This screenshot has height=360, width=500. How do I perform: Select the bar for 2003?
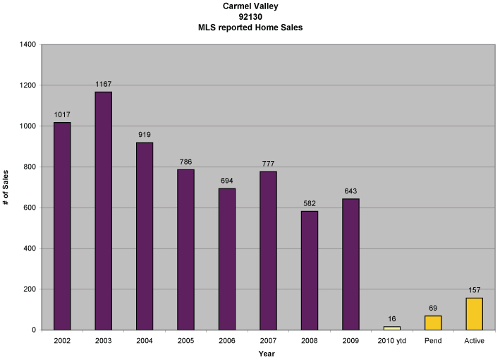tap(103, 210)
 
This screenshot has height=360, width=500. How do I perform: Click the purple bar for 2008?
tap(310, 270)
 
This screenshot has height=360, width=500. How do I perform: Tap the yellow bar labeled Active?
tap(475, 313)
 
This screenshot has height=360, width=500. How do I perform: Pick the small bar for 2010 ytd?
tap(392, 328)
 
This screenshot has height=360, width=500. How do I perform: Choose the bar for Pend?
tap(433, 323)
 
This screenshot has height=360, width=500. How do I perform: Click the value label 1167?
tap(103, 85)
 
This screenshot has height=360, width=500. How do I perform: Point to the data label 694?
tap(227, 181)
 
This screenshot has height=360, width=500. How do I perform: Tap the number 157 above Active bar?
tap(475, 290)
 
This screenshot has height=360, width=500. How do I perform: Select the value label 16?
tap(392, 319)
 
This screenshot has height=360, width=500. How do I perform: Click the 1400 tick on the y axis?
tap(28, 44)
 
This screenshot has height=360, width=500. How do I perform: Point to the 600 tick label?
tap(30, 208)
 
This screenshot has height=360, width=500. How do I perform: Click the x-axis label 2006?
tap(227, 341)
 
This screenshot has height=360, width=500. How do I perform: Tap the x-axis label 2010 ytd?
tap(392, 341)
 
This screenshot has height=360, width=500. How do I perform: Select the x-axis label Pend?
tap(433, 341)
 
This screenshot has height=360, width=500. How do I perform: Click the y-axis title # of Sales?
tap(6, 187)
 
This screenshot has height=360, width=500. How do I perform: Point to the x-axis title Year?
tap(267, 354)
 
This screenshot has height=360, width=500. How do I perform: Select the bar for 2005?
tap(185, 249)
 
